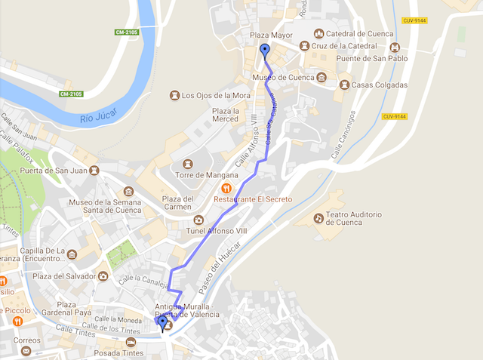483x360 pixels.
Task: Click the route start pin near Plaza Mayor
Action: click(x=264, y=51)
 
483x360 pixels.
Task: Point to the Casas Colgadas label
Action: click(x=380, y=85)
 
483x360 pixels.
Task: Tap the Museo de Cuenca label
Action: click(x=283, y=77)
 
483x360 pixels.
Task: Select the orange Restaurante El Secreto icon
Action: click(x=224, y=188)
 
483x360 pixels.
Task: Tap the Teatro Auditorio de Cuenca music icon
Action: click(x=318, y=218)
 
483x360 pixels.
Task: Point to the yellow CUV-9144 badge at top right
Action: click(x=415, y=21)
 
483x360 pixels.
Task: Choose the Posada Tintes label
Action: click(x=119, y=352)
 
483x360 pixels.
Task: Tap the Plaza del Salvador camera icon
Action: click(x=103, y=275)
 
